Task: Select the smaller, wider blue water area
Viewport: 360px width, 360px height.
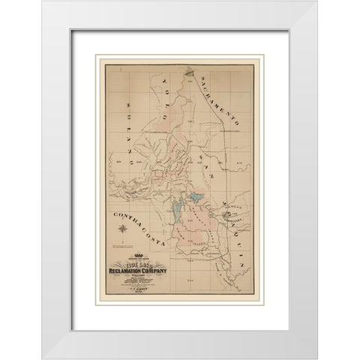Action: click(x=195, y=201)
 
